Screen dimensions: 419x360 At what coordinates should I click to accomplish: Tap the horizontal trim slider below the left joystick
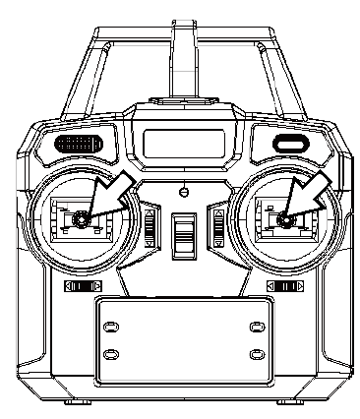(x=83, y=286)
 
